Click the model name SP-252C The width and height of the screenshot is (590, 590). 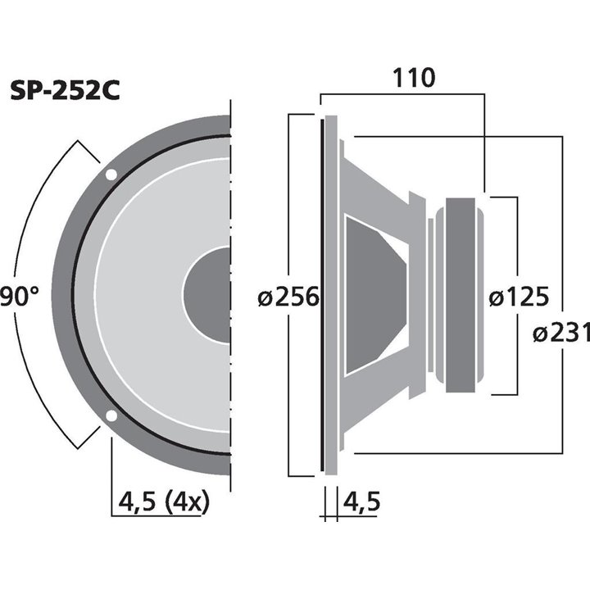click(66, 90)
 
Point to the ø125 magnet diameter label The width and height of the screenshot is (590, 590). click(519, 297)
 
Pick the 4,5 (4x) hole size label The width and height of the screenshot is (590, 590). click(164, 501)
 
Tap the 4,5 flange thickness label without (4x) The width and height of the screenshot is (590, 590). click(361, 501)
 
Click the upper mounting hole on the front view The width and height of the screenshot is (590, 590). click(110, 175)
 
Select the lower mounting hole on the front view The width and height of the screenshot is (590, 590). click(110, 415)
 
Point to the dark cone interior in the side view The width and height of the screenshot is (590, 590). click(373, 295)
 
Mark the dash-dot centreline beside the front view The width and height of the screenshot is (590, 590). click(233, 295)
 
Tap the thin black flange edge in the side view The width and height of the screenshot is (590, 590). click(321, 295)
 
